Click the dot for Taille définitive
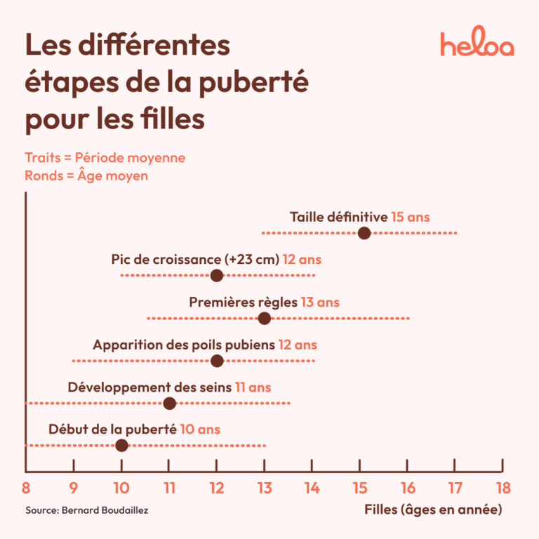click(x=364, y=233)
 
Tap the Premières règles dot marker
click(x=264, y=319)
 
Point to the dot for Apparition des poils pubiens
click(x=217, y=361)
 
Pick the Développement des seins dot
click(x=169, y=403)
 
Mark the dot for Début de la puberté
click(x=121, y=445)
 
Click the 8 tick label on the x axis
click(x=26, y=488)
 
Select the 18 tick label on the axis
click(x=502, y=488)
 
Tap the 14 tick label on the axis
click(x=312, y=488)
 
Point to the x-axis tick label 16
click(x=407, y=488)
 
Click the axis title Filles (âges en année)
click(x=433, y=510)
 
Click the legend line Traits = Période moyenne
click(x=105, y=157)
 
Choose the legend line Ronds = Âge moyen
click(x=86, y=175)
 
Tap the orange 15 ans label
click(x=411, y=217)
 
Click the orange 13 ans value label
click(x=320, y=302)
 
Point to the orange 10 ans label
click(x=200, y=429)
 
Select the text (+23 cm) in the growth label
click(x=253, y=260)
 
